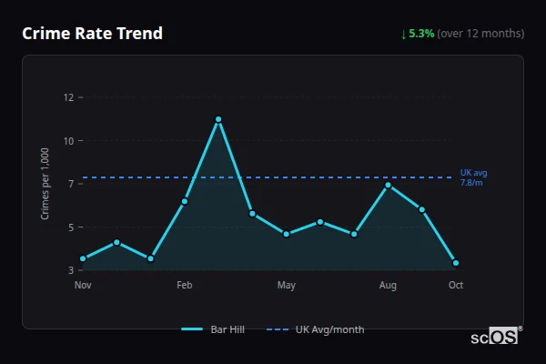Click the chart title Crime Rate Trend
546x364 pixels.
(x=93, y=34)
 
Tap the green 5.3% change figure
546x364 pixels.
(x=421, y=34)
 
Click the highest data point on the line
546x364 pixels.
(x=218, y=119)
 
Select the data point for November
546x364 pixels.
(x=83, y=258)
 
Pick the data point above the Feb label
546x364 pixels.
(x=185, y=201)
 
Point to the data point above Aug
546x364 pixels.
(x=388, y=185)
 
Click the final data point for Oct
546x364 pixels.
(x=455, y=263)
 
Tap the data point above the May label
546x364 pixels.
(x=287, y=234)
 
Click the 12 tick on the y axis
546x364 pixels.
(x=67, y=97)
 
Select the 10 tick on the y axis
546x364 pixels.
(x=67, y=141)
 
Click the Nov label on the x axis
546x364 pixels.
(x=83, y=286)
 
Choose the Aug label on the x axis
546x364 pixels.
(x=388, y=286)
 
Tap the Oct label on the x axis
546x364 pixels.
(x=456, y=286)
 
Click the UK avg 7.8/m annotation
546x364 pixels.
(x=473, y=177)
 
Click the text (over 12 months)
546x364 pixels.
(x=480, y=34)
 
